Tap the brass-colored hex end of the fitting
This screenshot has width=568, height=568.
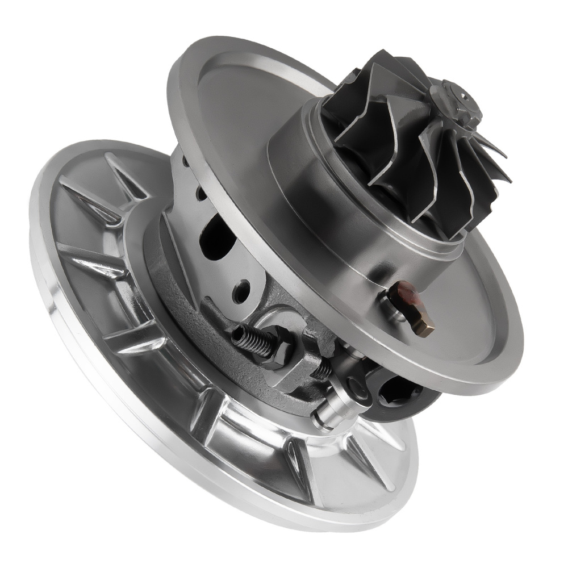click(423, 325)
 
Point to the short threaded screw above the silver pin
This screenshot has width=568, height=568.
click(324, 369)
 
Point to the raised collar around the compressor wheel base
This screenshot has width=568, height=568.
click(318, 187)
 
